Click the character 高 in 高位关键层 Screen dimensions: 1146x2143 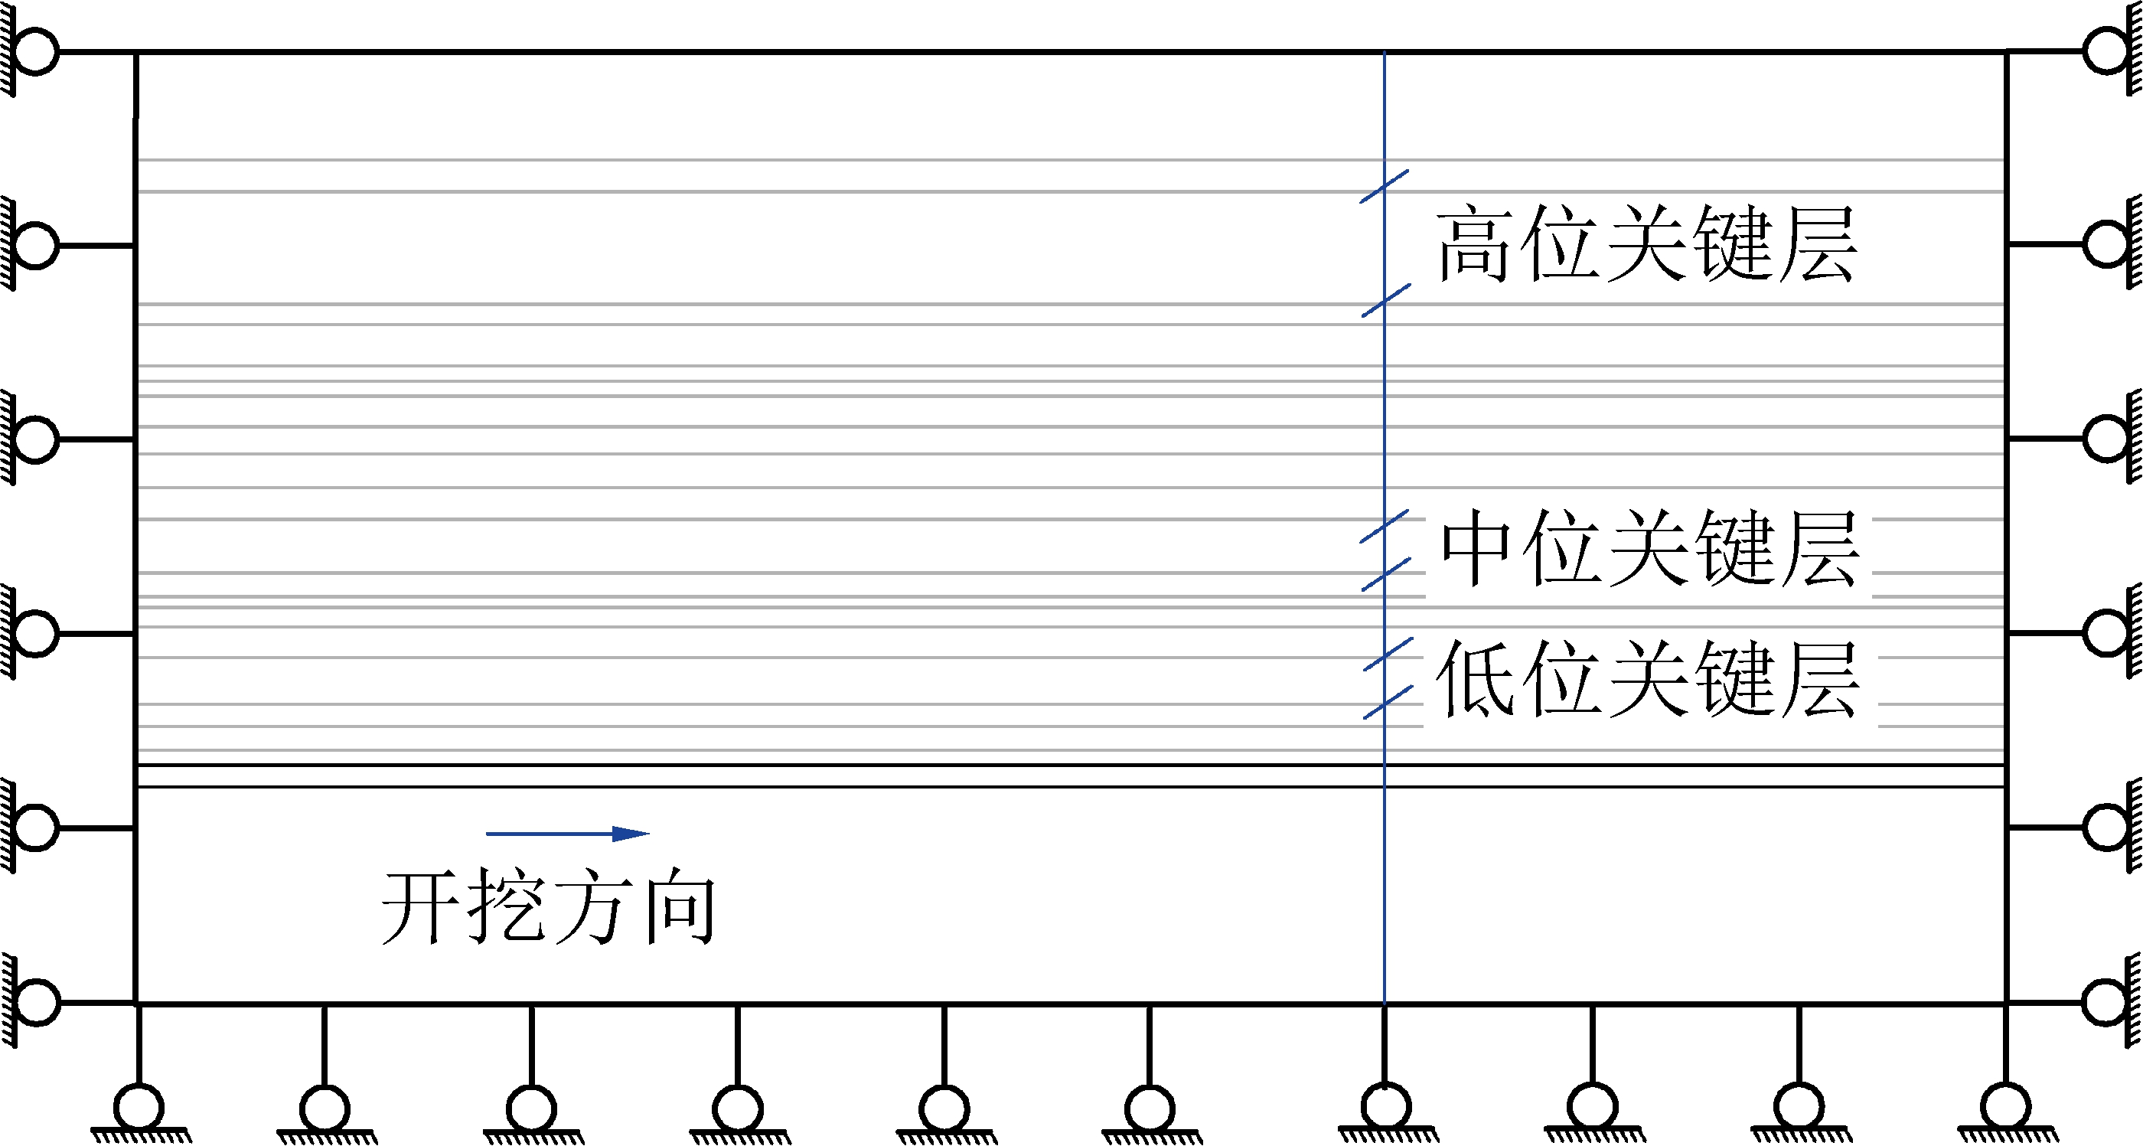tap(1473, 245)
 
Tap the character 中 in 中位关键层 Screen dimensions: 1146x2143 tap(1476, 547)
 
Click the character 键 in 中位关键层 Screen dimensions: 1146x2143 tap(1734, 547)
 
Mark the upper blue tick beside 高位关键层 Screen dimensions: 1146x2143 tap(1385, 187)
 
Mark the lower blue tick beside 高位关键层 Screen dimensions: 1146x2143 tap(1385, 300)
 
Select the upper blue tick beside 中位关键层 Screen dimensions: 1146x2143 tap(1385, 526)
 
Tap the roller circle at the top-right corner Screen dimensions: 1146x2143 tap(2107, 51)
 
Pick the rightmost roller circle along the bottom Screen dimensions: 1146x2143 tap(2006, 1108)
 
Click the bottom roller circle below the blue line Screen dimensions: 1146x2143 tap(1385, 1107)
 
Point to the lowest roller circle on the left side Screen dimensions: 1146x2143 tap(35, 1001)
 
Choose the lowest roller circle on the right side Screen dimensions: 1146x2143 tap(2107, 1001)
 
